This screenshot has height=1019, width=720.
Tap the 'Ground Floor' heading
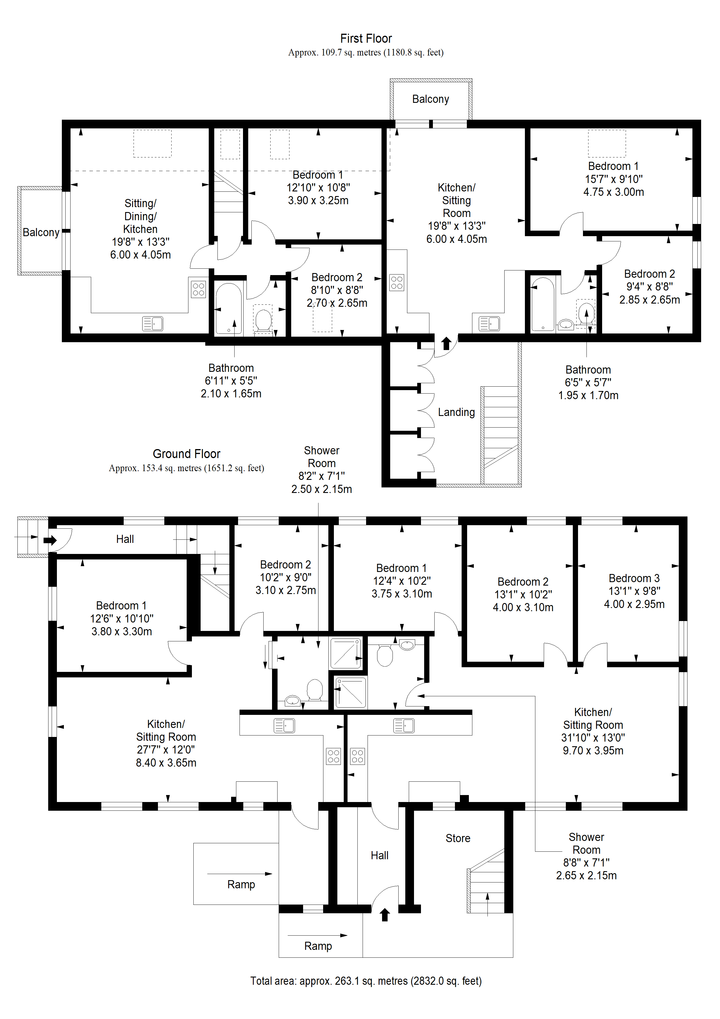186,453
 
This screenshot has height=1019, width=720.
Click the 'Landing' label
456,412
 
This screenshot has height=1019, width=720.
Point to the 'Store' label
458,838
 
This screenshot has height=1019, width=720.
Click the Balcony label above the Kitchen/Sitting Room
430,99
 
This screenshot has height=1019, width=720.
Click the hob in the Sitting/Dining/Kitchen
198,289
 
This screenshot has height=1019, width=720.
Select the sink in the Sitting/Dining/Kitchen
153,324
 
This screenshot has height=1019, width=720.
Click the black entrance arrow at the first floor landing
446,343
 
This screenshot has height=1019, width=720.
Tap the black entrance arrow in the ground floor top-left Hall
51,540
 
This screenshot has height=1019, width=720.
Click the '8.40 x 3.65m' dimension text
166,763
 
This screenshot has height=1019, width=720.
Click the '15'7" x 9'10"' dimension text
613,179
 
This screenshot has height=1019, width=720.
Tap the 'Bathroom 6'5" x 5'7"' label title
588,370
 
